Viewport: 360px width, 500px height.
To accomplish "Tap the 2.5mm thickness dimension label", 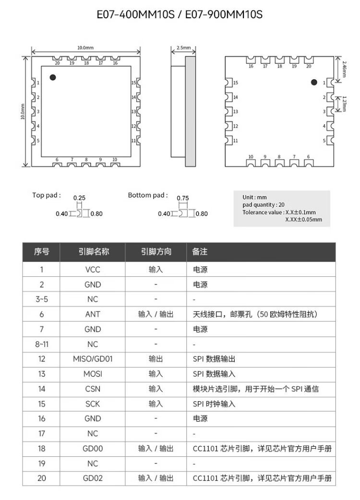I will [x=183, y=48].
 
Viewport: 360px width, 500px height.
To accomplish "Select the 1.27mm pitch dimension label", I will [x=344, y=104].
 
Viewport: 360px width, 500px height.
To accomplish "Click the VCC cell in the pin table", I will [x=93, y=270].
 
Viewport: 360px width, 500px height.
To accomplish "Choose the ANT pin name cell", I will [x=93, y=314].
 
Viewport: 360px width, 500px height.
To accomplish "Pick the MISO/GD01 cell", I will [x=93, y=359].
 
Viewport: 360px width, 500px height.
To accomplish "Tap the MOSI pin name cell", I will [x=93, y=374].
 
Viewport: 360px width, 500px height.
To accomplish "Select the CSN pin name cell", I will [x=93, y=389].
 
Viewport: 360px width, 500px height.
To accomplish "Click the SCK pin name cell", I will [x=93, y=404].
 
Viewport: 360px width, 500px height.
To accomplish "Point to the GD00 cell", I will [x=93, y=448].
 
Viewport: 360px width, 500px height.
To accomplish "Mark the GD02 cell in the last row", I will [x=93, y=478].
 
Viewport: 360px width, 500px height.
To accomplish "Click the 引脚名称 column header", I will [x=93, y=252].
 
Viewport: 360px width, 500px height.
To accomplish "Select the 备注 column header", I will [x=200, y=252].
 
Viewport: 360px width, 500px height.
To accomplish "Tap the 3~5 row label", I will [x=42, y=299].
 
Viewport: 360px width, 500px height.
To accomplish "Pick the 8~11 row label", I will [x=42, y=344].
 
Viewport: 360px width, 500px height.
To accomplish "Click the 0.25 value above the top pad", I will [x=79, y=198].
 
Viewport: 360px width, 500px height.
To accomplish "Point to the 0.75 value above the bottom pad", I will [x=183, y=198].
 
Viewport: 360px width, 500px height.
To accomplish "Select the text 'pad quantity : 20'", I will [x=264, y=204].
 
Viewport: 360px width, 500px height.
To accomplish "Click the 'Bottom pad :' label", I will [x=148, y=195].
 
